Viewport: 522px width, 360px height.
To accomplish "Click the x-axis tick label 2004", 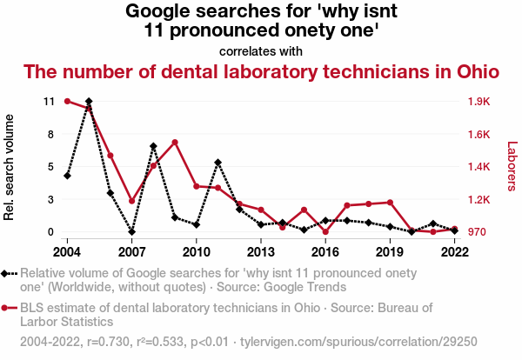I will coord(67,251).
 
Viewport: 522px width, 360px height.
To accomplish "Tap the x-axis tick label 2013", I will coord(261,251).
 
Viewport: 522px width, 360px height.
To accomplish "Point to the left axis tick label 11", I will coord(49,101).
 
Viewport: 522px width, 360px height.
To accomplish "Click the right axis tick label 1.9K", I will coord(479,101).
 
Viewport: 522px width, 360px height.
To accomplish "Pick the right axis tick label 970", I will coord(478,232).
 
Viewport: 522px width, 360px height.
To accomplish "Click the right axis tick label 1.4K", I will coord(479,166).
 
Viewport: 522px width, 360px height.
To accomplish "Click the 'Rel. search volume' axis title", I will coord(10,166).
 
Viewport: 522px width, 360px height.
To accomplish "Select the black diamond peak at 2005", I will coord(89,102).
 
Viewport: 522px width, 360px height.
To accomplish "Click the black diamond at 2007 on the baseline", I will coord(131,232).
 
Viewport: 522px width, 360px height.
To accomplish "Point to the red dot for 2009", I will coord(175,142).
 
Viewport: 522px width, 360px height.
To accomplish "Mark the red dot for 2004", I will coord(67,101).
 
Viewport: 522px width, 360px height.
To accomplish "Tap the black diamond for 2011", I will coord(217,163).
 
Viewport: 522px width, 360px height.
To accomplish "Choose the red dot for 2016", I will coord(325,232).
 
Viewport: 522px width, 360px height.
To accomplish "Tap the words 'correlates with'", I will coord(261,51).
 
